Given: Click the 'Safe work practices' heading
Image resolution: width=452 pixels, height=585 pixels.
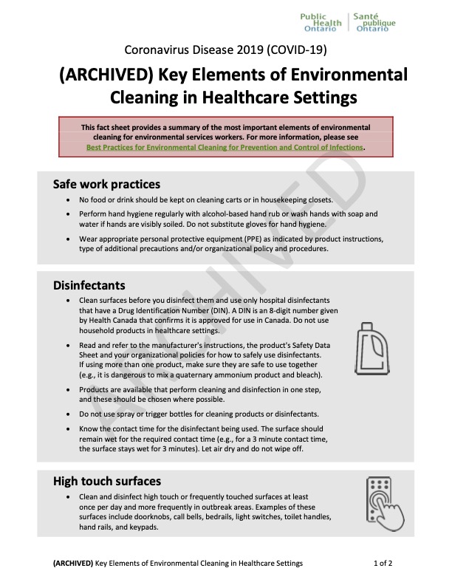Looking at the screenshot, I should click(x=106, y=183).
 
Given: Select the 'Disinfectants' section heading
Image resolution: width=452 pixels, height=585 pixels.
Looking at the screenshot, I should click(x=89, y=285).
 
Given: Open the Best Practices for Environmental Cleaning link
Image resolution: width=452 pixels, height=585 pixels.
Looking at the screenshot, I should click(x=225, y=147).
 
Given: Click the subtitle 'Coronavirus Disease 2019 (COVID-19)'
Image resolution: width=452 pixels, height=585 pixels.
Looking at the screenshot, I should click(x=226, y=50).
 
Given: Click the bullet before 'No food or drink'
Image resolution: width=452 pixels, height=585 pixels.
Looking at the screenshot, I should click(x=69, y=200).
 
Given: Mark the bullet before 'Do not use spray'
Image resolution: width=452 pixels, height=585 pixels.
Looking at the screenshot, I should click(x=69, y=413).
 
